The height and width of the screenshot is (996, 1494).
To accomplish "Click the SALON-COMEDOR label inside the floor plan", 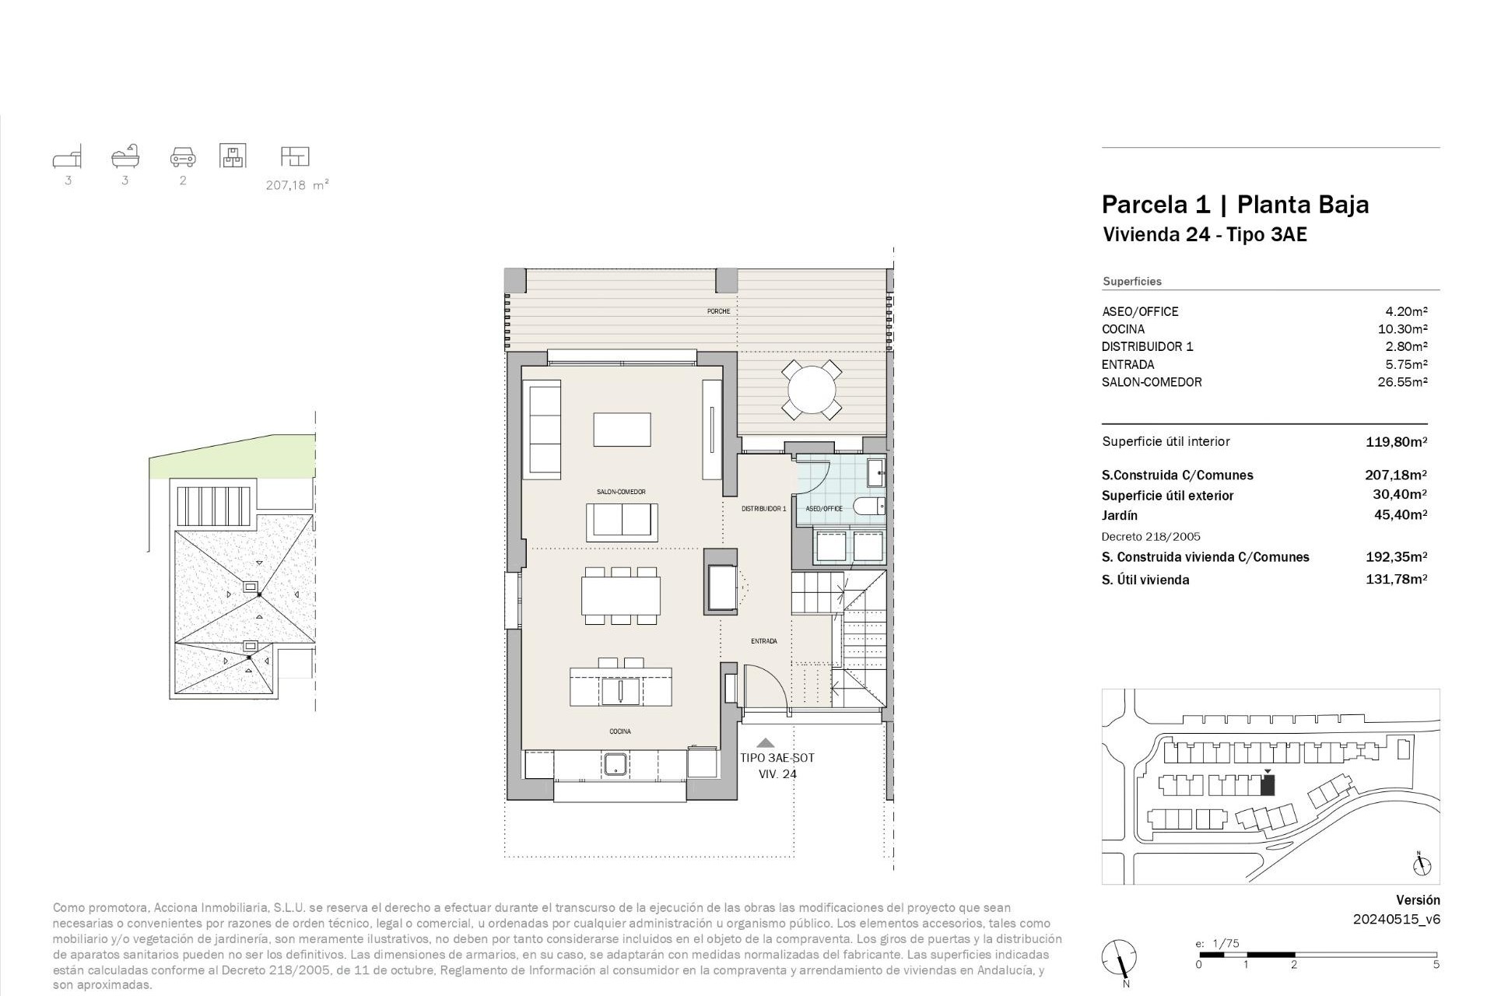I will click(x=621, y=492).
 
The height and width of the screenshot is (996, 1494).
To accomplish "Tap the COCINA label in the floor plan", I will click(x=620, y=731).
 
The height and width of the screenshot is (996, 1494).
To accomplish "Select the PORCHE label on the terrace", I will click(x=718, y=311).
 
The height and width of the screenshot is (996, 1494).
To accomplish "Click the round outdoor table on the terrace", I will click(x=812, y=389).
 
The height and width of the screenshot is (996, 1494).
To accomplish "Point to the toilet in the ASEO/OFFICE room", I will click(x=870, y=507).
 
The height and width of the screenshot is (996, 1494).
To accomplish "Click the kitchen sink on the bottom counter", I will click(x=616, y=763).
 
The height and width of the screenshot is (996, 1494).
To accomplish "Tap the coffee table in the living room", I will click(x=622, y=429).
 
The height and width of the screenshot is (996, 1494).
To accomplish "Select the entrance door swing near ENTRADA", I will click(x=766, y=689).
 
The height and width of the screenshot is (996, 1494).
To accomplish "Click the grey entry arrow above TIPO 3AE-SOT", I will click(x=766, y=743).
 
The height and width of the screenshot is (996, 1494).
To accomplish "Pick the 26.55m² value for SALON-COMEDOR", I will click(x=1402, y=382).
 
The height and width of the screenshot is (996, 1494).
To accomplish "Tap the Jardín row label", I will click(x=1120, y=515).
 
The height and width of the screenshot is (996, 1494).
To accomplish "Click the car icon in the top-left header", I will click(x=183, y=157).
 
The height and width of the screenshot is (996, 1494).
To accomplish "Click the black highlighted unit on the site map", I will click(x=1268, y=786).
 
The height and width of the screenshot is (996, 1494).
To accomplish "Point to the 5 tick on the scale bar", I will click(x=1436, y=965).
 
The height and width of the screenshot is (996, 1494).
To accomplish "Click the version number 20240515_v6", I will click(x=1396, y=919).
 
